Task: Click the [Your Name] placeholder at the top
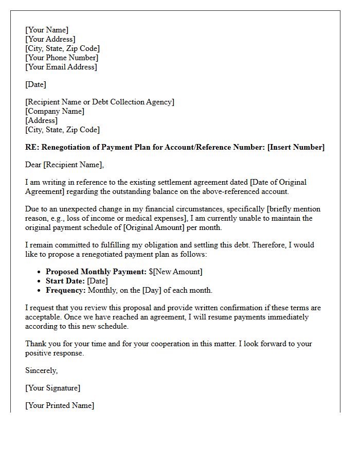click(47, 30)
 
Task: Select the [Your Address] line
click(50, 39)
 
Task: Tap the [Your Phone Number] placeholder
click(62, 58)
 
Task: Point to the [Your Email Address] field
click(61, 67)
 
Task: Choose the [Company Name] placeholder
click(55, 111)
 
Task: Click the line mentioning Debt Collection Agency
click(100, 102)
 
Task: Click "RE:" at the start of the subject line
click(32, 147)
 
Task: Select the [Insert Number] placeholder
click(296, 147)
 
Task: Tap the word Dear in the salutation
click(33, 165)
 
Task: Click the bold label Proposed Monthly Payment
click(96, 272)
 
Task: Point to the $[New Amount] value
click(176, 272)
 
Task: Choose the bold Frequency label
click(66, 290)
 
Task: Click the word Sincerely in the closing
click(41, 370)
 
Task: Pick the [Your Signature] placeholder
click(52, 388)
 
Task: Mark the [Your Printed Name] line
click(60, 405)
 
